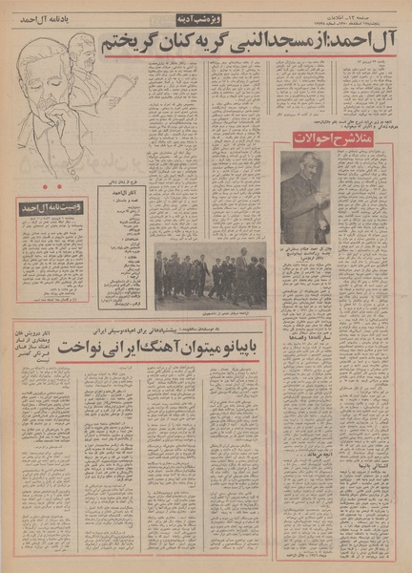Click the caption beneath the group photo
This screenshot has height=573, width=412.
[211, 313]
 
